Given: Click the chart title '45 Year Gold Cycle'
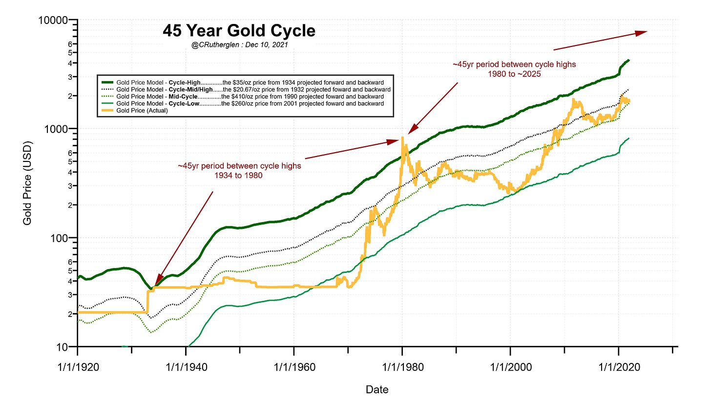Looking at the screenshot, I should coord(239,31).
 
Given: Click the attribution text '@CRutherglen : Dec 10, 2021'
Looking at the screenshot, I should coord(240,45).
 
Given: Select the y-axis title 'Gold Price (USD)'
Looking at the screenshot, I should coord(27,183).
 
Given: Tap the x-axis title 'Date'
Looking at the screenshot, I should coord(377,389).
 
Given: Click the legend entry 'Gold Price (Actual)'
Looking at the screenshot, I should coord(142,111).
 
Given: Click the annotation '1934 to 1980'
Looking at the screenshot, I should coord(239,175).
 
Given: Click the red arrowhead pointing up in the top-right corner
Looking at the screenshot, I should coord(642,33).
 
